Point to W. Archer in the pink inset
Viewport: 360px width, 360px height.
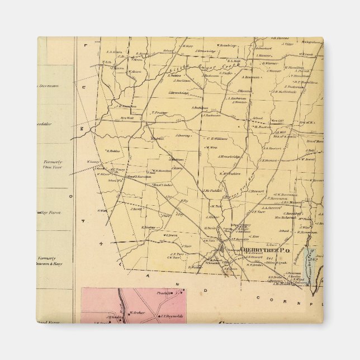coord(137,312)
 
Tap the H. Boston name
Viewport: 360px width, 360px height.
coord(263,126)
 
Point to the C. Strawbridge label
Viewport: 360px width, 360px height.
coord(178,92)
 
